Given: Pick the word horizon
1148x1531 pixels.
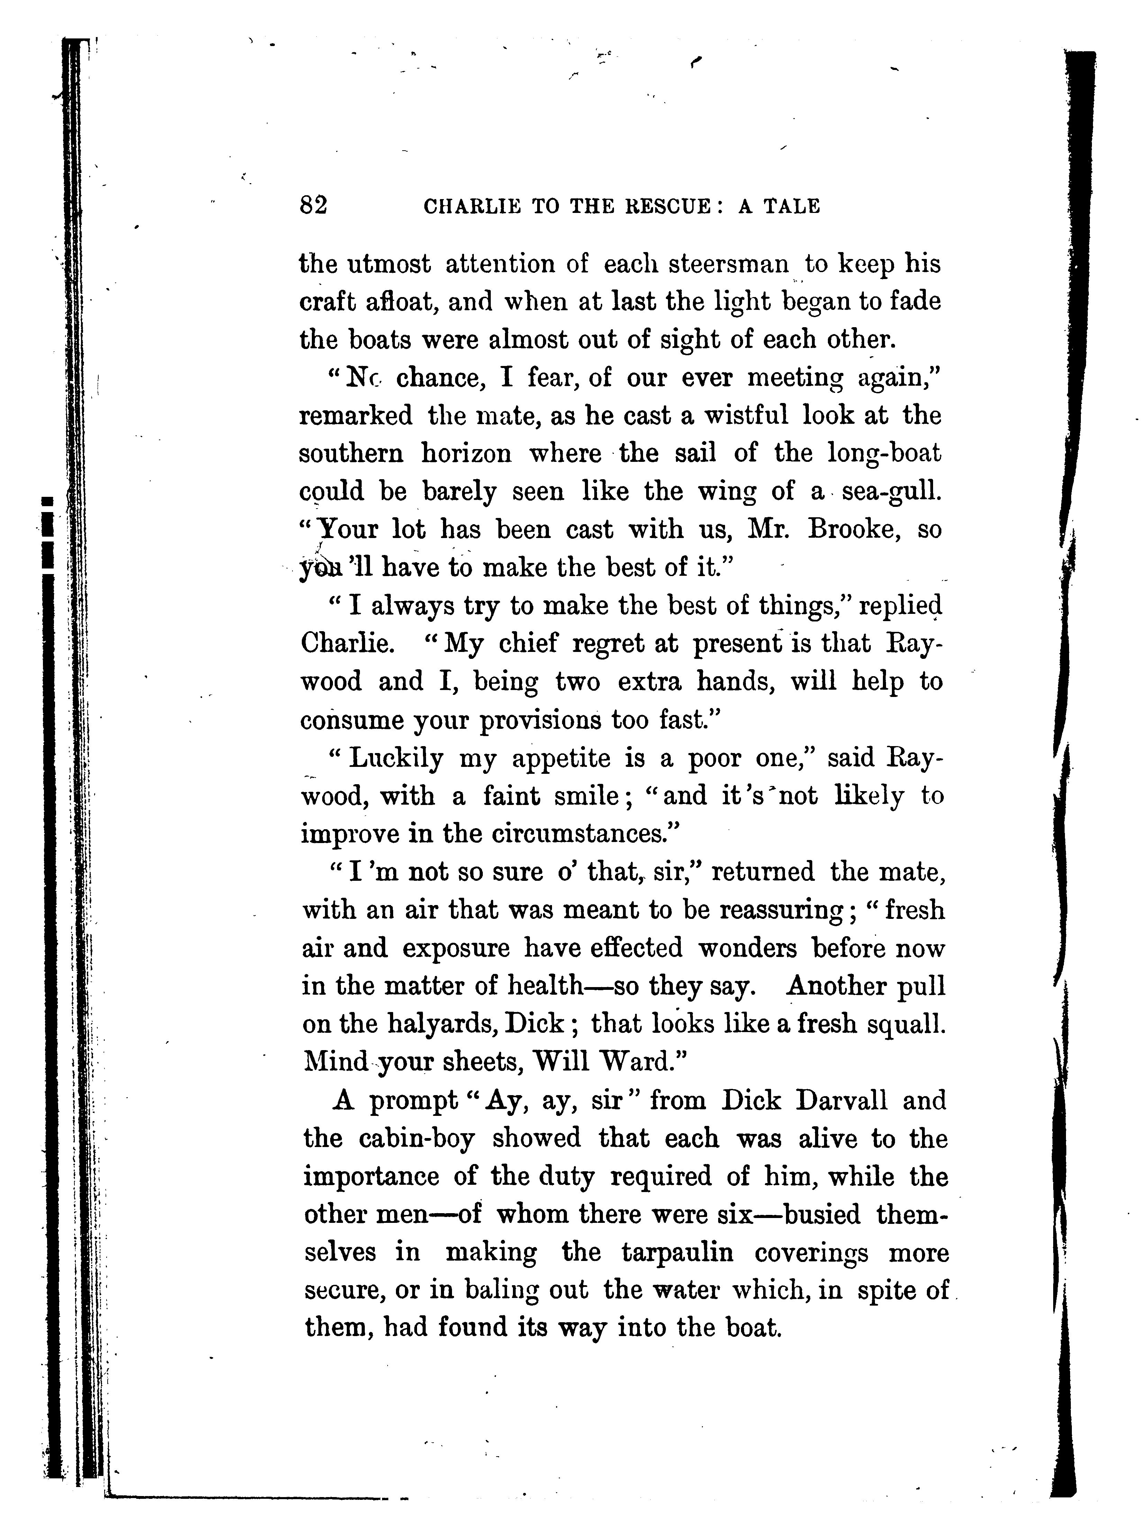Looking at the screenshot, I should (x=467, y=454).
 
